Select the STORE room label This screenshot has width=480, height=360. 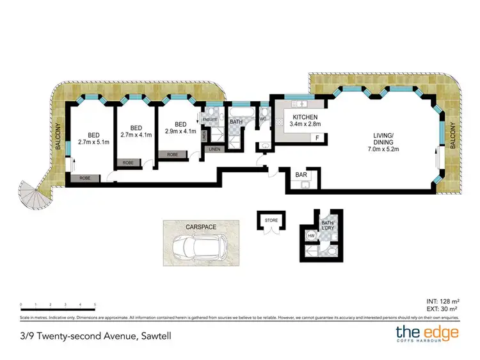[271, 221]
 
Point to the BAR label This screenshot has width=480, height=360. [301, 174]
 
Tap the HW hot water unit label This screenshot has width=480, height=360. [312, 236]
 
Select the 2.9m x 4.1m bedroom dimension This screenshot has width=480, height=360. [180, 131]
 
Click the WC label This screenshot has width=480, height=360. [262, 119]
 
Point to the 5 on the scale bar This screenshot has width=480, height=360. [95, 304]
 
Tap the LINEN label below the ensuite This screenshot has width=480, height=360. [214, 149]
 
